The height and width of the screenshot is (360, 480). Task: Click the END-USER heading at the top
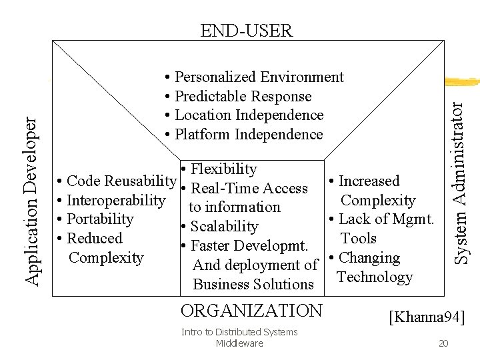(247, 30)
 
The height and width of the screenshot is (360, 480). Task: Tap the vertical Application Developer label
(31, 192)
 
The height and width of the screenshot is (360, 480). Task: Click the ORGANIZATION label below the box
(251, 311)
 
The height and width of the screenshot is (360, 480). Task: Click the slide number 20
(443, 343)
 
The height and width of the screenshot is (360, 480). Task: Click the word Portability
(100, 219)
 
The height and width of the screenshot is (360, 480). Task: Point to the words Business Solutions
(253, 285)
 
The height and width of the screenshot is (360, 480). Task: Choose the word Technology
(375, 277)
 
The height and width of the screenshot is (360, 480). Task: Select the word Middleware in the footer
(240, 343)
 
